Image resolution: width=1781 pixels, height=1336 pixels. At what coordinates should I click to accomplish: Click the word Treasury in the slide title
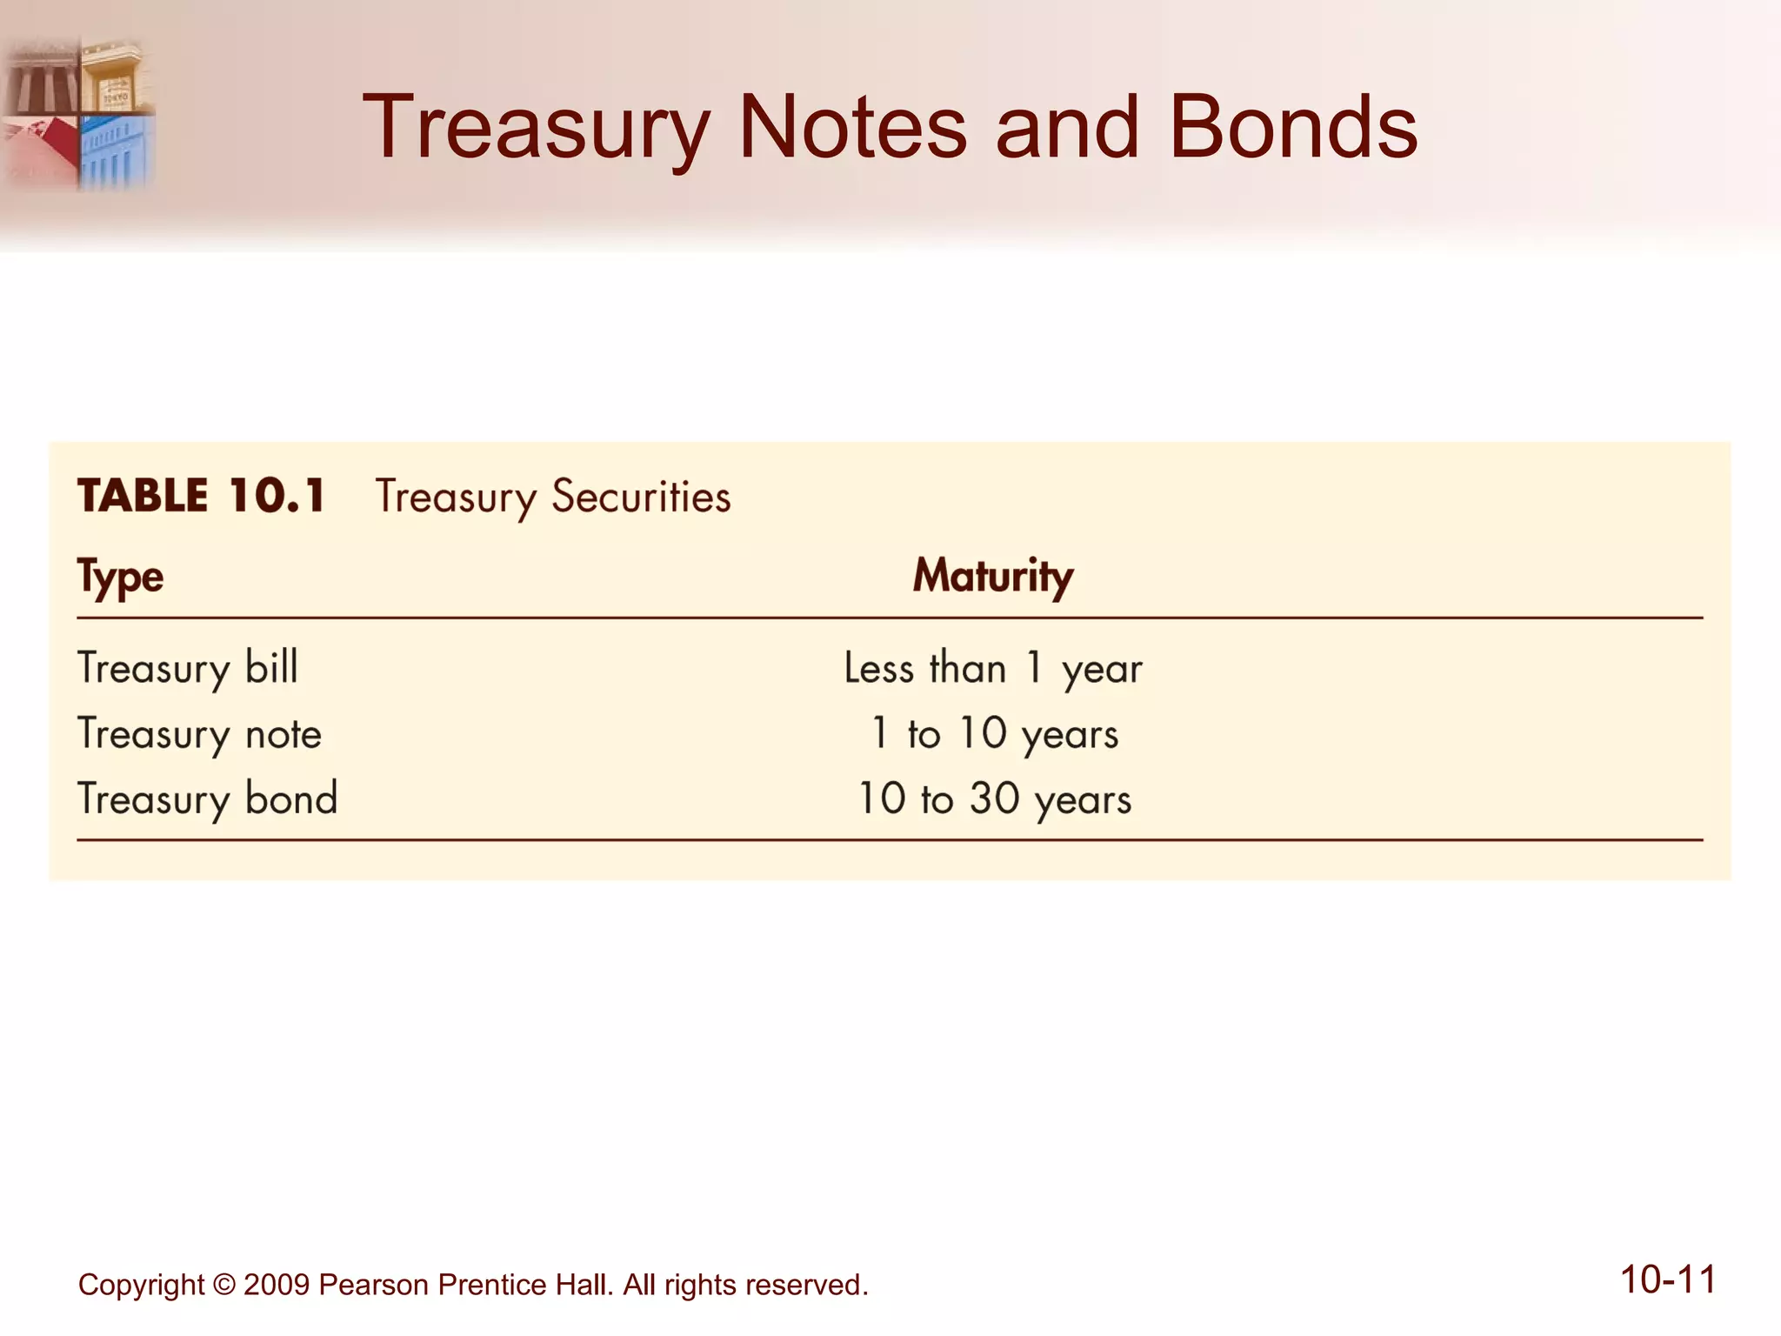(x=536, y=129)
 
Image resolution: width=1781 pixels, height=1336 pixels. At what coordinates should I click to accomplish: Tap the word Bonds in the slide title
(x=1292, y=129)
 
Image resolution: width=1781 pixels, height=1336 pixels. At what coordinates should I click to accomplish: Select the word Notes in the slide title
(x=851, y=129)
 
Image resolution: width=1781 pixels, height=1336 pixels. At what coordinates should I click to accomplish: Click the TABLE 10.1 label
(x=202, y=496)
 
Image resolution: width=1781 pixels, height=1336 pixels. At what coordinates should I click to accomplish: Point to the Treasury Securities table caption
(x=553, y=498)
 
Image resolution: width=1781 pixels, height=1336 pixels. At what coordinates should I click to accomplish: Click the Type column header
(x=120, y=577)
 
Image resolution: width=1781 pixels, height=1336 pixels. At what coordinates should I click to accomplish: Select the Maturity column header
(x=992, y=576)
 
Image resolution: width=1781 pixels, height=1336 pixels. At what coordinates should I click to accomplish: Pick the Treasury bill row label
(x=188, y=668)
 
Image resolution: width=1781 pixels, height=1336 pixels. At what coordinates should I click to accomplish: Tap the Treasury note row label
(x=200, y=733)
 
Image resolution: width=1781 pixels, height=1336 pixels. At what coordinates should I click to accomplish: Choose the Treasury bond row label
(x=208, y=798)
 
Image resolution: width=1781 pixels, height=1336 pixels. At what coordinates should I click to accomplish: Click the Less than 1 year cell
(x=992, y=668)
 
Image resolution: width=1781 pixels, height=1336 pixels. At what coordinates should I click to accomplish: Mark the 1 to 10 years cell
(x=994, y=733)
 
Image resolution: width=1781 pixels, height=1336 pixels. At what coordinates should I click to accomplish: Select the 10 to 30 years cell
(x=994, y=798)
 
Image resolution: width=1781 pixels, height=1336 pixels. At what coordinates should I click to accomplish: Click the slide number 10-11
(x=1667, y=1279)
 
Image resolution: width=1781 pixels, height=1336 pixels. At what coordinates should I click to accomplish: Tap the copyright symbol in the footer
(x=223, y=1285)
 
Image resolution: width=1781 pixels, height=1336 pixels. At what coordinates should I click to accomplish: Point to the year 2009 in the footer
(x=276, y=1285)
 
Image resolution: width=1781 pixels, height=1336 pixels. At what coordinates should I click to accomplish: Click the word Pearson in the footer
(x=374, y=1285)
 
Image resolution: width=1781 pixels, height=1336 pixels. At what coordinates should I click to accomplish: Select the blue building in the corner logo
(x=117, y=152)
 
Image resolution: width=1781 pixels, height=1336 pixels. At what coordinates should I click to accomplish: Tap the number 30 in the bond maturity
(x=994, y=798)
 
